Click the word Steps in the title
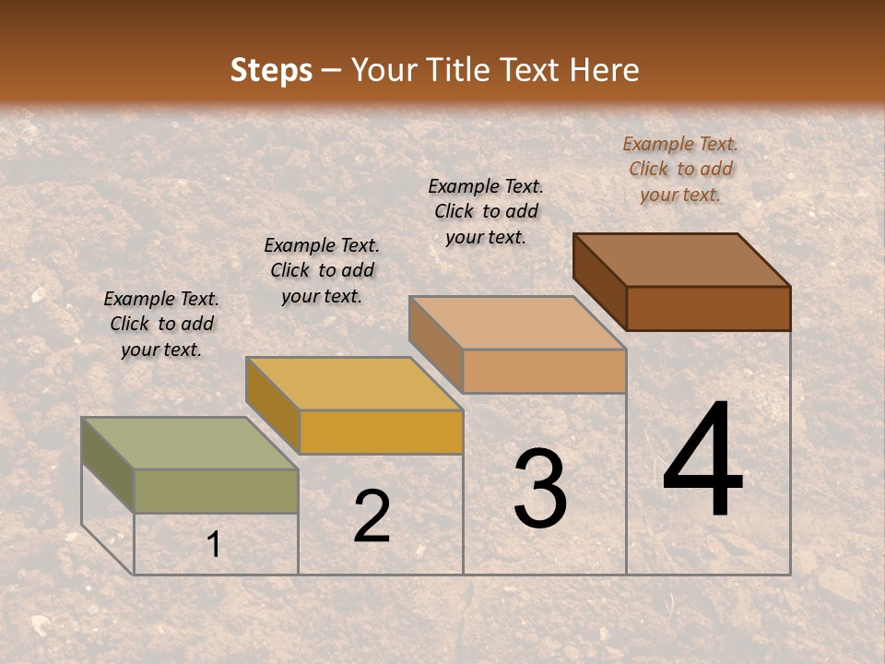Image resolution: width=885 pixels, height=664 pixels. [271, 70]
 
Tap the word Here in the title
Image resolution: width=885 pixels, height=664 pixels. [605, 70]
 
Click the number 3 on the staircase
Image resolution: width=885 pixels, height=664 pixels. [540, 489]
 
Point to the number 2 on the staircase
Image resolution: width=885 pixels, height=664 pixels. [372, 516]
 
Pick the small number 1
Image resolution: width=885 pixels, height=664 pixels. [214, 545]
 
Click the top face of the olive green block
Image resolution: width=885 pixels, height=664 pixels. [190, 444]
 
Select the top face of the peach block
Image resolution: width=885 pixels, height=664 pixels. [517, 323]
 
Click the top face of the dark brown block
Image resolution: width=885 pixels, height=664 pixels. [681, 260]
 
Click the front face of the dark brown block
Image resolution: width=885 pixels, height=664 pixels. [708, 308]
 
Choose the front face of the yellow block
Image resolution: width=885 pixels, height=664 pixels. [381, 432]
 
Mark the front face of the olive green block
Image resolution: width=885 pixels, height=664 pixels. [216, 491]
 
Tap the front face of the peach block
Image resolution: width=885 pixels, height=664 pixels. [544, 371]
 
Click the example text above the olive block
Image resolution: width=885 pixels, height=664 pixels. [161, 324]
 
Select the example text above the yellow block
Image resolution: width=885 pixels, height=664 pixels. [322, 270]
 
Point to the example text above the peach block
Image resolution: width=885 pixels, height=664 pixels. [486, 211]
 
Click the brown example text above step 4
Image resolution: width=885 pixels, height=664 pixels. [680, 169]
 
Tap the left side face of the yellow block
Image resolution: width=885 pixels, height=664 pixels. [273, 406]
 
